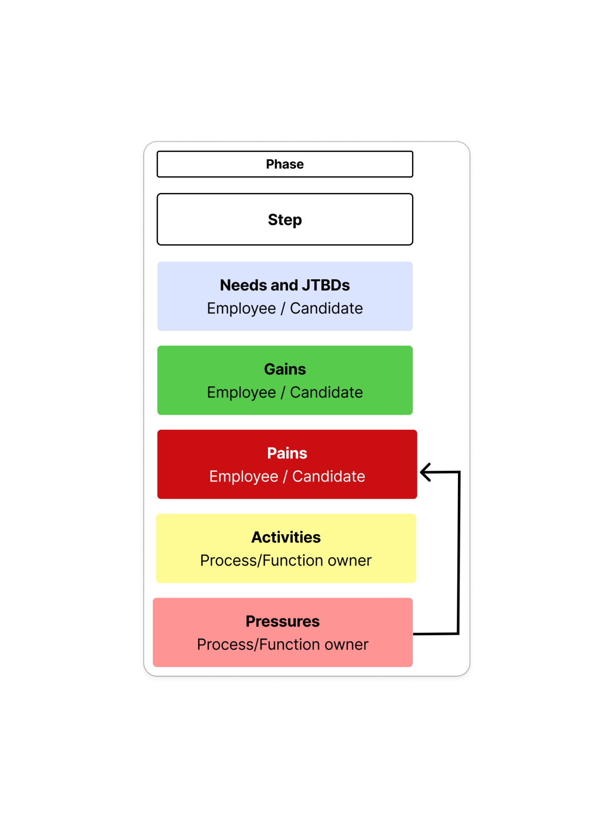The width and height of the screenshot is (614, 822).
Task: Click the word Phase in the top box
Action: coord(285,164)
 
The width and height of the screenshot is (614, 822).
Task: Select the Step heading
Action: coord(285,220)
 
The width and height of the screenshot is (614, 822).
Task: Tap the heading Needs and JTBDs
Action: coord(285,285)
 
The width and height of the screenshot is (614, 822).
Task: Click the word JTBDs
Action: coord(326,285)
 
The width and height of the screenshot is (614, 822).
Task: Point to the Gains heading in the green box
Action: coord(285,369)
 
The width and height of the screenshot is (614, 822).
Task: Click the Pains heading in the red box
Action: coord(287,453)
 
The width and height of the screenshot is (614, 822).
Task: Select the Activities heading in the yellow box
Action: coord(286,537)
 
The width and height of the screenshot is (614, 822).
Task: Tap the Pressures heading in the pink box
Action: coord(283,621)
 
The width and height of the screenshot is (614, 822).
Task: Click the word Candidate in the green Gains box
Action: coord(326,393)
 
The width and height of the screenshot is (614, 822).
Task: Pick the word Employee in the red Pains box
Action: coord(244,477)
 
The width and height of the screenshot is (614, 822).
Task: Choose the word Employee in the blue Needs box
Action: coord(241,309)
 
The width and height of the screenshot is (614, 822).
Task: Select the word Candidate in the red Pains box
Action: coord(329,476)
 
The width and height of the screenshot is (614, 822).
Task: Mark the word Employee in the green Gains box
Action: coord(241,393)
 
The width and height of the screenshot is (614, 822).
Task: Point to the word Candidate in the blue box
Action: coord(326,309)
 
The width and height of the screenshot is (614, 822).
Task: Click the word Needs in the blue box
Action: coord(244,285)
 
